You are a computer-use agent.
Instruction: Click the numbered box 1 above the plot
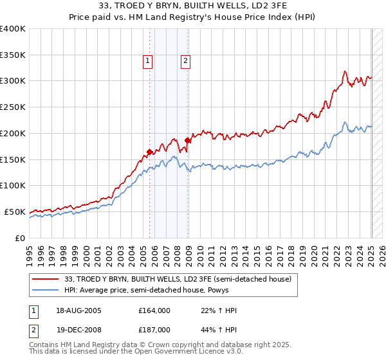click(148, 61)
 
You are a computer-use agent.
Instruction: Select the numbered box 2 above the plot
click(185, 61)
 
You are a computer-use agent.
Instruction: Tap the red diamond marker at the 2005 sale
click(149, 152)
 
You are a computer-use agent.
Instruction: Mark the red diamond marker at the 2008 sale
click(187, 139)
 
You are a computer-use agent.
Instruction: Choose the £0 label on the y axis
click(19, 238)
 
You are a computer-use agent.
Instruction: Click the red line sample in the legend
click(46, 279)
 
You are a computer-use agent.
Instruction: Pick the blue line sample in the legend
click(46, 290)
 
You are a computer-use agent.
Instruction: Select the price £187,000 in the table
click(154, 329)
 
